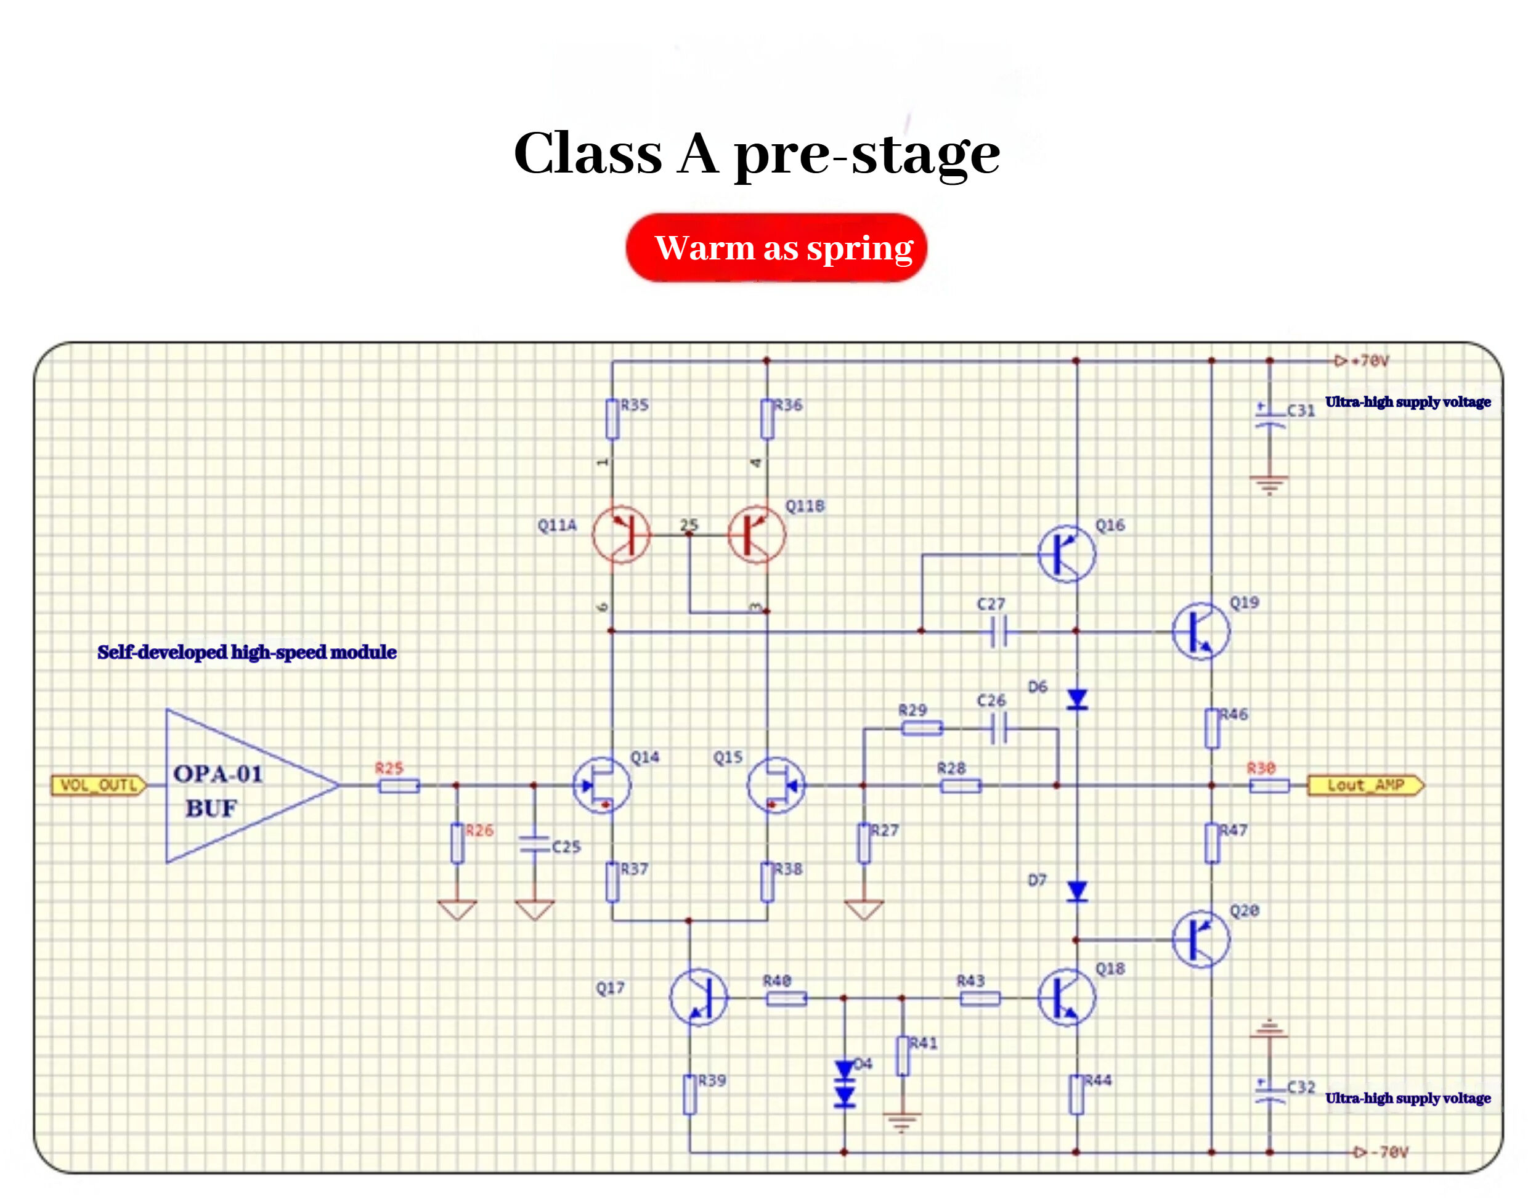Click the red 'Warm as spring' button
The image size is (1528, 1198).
(776, 248)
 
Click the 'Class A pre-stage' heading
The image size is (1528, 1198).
(757, 153)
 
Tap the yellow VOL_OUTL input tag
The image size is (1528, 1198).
(99, 785)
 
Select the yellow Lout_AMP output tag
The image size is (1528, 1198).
(1365, 785)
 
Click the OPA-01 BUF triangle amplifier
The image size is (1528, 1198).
(238, 786)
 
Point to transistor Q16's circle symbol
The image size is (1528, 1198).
(1066, 553)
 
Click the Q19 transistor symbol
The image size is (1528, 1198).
(1200, 631)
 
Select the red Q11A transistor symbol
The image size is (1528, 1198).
(620, 534)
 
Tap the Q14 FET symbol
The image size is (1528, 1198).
(602, 785)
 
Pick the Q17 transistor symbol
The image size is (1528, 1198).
(697, 996)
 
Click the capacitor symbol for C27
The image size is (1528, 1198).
(999, 631)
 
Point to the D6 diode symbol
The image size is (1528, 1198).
(1076, 699)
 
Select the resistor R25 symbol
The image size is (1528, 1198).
(399, 786)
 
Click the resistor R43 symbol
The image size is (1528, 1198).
(979, 998)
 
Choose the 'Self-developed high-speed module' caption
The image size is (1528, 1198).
(247, 653)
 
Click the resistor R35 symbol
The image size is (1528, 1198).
(612, 418)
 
